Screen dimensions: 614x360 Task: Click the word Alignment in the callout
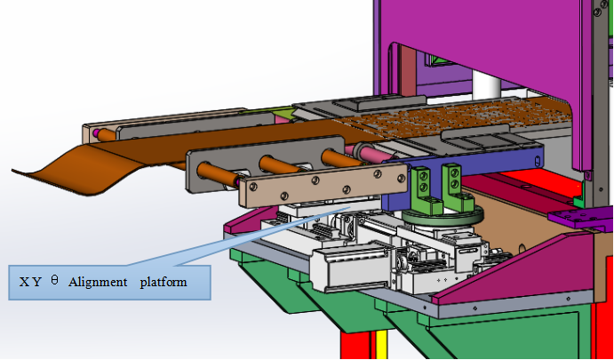click(x=98, y=282)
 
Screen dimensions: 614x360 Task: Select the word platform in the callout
click(x=163, y=283)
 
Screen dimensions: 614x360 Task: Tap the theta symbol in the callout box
click(x=54, y=280)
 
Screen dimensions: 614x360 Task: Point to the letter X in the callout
click(x=24, y=283)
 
